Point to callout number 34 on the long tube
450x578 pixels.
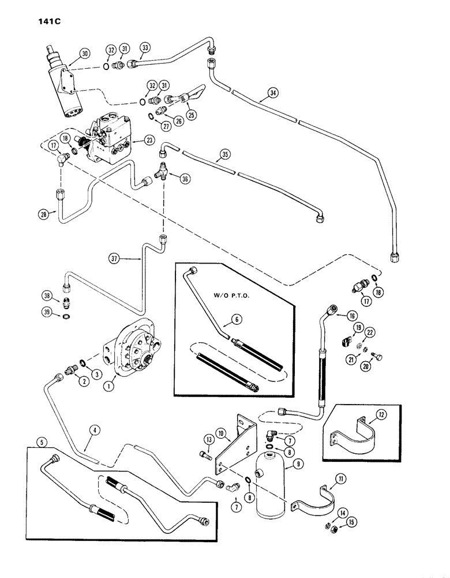pyautogui.click(x=273, y=91)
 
